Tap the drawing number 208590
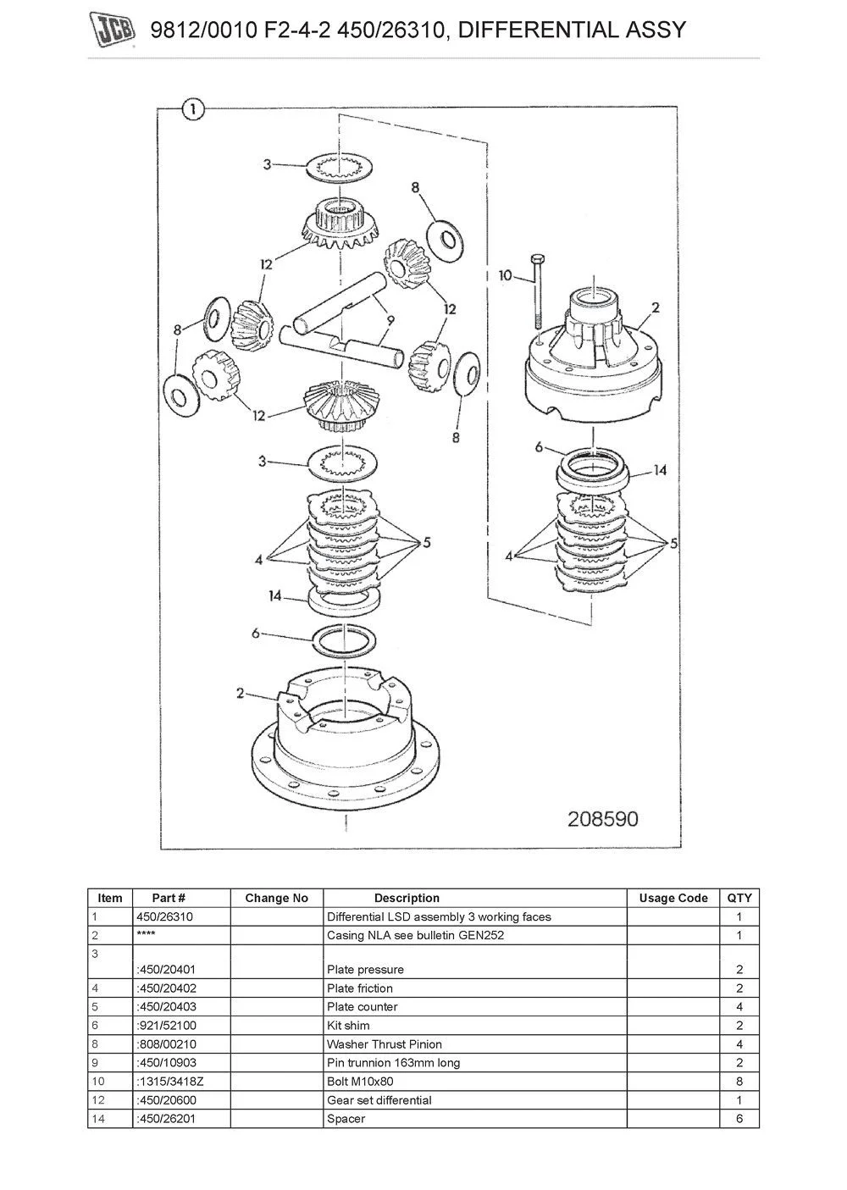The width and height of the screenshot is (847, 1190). coord(602,819)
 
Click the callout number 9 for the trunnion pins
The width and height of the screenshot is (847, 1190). coord(390,321)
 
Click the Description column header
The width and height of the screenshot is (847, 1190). coord(407,898)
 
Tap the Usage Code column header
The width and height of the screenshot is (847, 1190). coord(673,898)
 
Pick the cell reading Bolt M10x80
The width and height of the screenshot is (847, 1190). coord(360,1081)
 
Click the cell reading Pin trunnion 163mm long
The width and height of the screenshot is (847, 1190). coord(393,1062)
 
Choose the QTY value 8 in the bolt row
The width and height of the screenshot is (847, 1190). coord(739,1081)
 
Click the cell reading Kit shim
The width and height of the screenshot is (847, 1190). coord(348,1025)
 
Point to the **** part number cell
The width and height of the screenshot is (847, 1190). coord(145,935)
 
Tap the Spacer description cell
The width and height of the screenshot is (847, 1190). coord(346,1118)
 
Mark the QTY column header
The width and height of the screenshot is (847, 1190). coord(739,898)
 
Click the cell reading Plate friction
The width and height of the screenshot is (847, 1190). coord(360,988)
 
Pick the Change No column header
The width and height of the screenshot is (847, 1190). coord(277,898)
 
